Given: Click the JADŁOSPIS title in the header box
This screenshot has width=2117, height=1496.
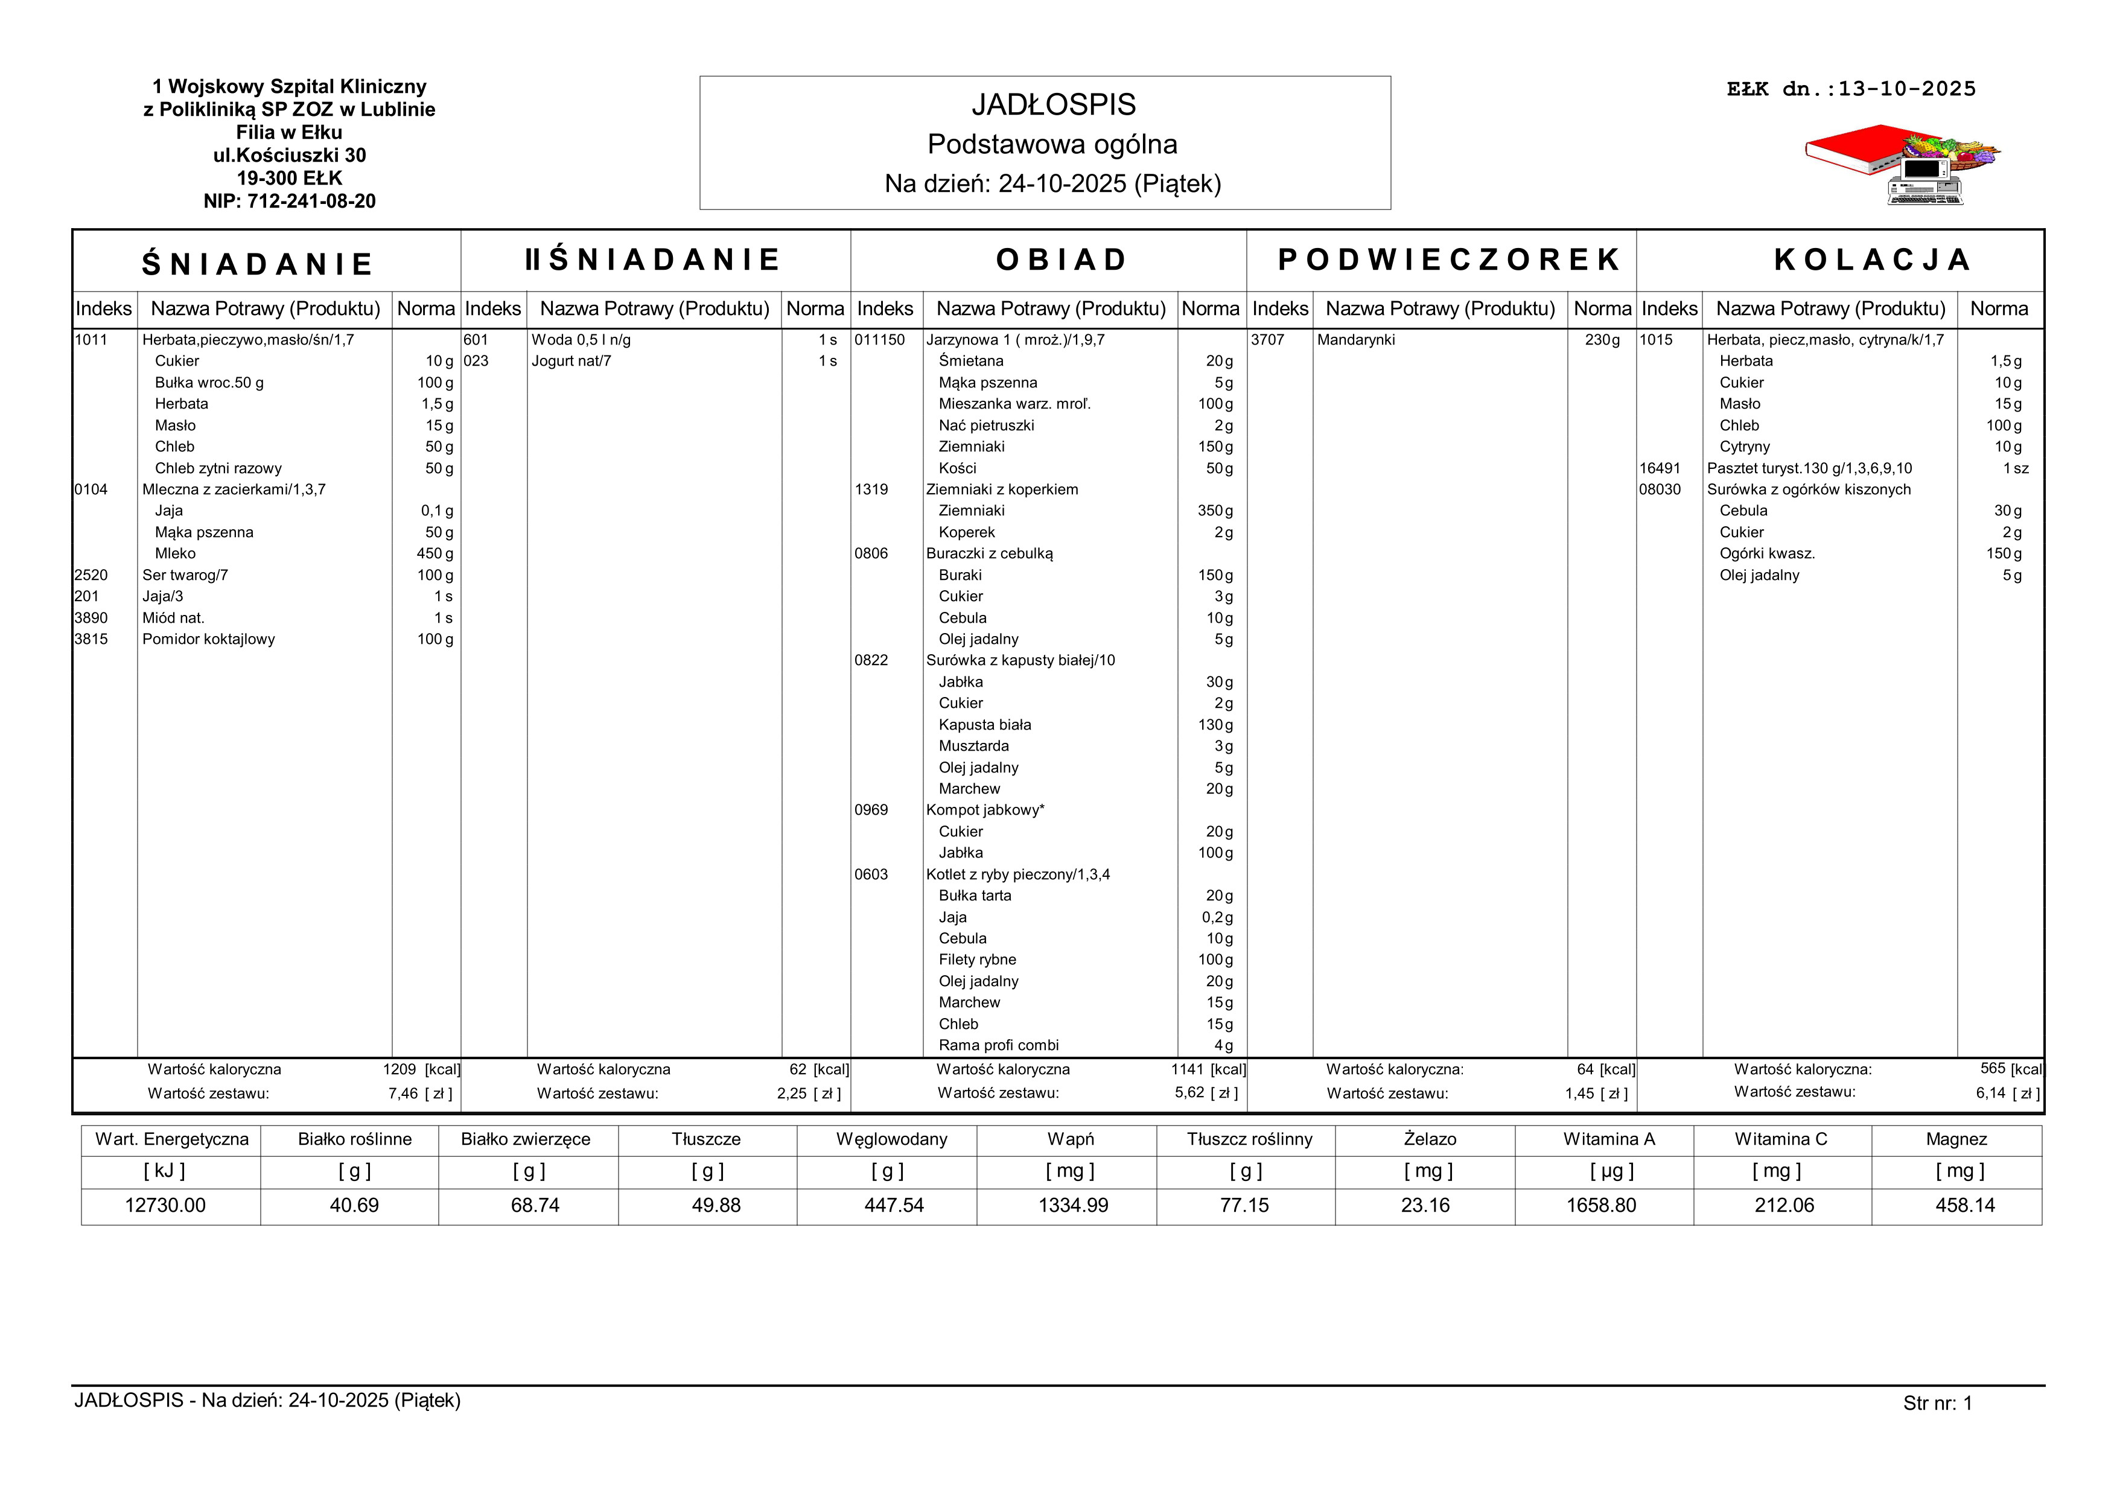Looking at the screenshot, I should (x=1053, y=105).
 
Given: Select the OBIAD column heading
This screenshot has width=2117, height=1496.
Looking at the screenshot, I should (x=1062, y=260).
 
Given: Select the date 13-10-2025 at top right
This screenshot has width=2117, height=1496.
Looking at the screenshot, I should (x=1907, y=89).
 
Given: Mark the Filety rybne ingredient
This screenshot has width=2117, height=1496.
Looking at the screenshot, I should (x=978, y=960).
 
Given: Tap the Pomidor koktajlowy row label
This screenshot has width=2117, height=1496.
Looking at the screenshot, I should (x=208, y=640).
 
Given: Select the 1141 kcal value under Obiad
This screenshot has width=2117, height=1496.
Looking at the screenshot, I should (x=1188, y=1069).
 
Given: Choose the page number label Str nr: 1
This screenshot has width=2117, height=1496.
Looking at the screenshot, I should (x=1937, y=1404).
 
